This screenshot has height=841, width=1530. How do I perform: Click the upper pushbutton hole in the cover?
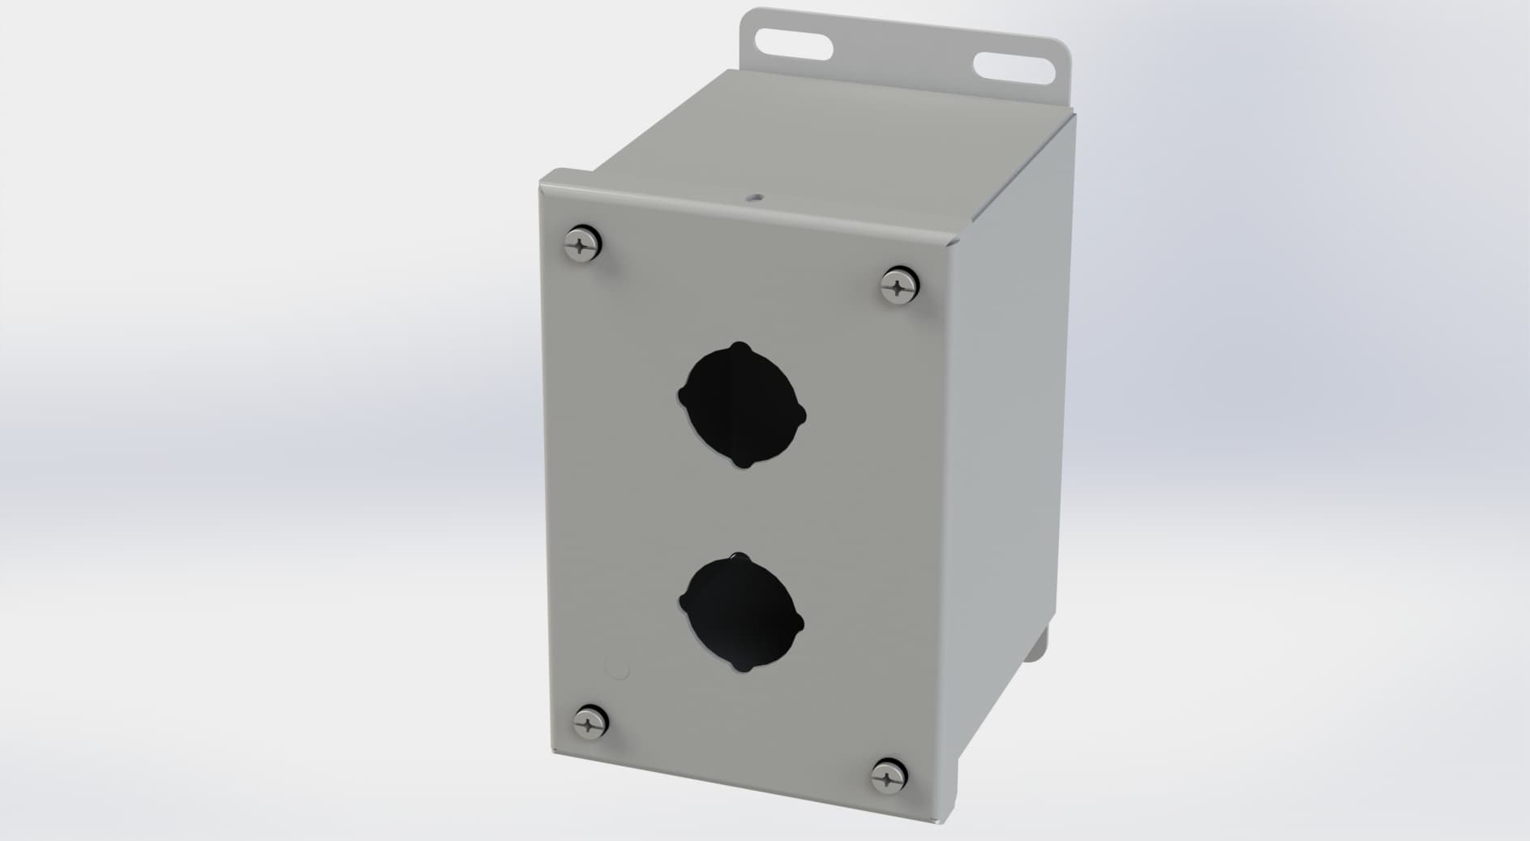click(x=742, y=405)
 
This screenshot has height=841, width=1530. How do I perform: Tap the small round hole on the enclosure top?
click(x=755, y=196)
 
